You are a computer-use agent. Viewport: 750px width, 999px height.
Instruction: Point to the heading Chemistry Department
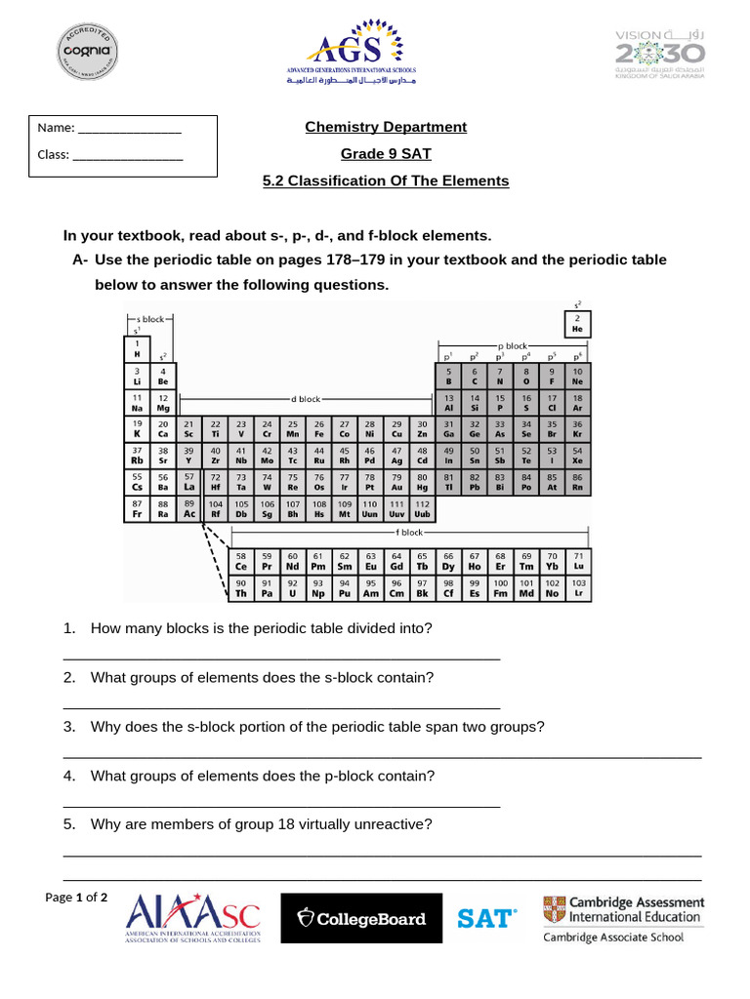[x=385, y=127]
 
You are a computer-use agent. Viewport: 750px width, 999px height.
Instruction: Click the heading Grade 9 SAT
[x=385, y=154]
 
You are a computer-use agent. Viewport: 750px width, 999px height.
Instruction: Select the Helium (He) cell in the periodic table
[x=577, y=324]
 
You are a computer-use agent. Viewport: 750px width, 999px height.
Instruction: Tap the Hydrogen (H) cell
[x=137, y=348]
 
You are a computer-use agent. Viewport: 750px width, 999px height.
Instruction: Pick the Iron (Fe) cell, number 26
[x=319, y=429]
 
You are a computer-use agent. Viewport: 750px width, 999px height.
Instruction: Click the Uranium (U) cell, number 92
[x=292, y=587]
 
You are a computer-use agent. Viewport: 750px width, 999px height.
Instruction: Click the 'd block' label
[x=305, y=399]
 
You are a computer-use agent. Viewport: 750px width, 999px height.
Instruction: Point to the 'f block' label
[x=409, y=533]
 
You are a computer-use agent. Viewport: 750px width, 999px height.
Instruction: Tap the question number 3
[x=69, y=727]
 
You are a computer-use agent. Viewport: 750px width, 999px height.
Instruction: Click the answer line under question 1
[x=281, y=659]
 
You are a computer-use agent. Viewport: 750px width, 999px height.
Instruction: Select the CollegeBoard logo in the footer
[x=361, y=919]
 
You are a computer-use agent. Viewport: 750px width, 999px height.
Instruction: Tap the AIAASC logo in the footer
[x=193, y=917]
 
